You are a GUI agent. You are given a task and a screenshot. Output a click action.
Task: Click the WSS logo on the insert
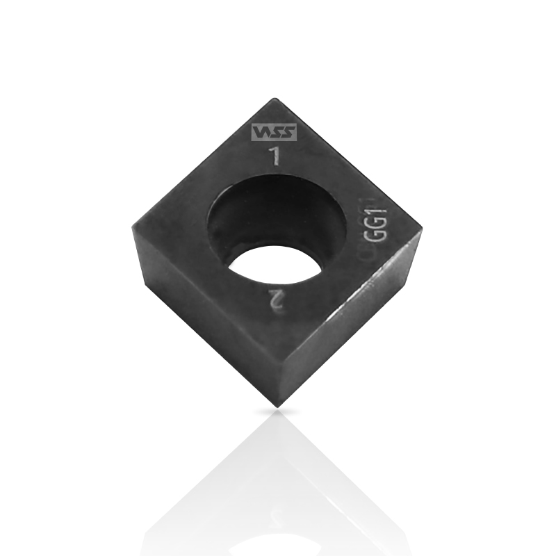pyautogui.click(x=273, y=131)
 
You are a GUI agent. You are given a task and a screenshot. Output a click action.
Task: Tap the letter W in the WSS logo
pyautogui.click(x=260, y=131)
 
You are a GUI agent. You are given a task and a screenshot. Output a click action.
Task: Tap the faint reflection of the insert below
pyautogui.click(x=278, y=486)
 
